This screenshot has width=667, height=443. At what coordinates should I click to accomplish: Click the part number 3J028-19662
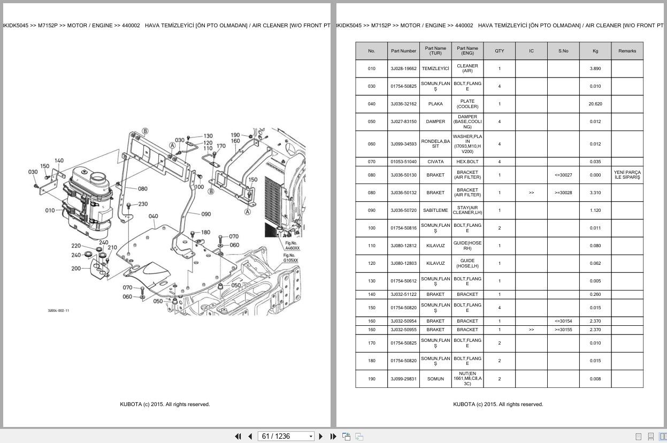click(x=403, y=68)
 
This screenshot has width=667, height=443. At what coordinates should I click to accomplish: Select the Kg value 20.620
click(x=595, y=104)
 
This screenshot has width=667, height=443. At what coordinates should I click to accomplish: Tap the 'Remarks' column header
click(x=627, y=51)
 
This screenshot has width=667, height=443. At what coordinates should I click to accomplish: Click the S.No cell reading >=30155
click(x=563, y=330)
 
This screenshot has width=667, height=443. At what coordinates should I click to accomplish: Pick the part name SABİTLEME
click(x=435, y=210)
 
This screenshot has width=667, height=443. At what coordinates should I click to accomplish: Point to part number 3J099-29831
click(x=403, y=379)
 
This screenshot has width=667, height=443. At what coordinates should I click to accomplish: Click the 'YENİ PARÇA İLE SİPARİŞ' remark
click(x=627, y=175)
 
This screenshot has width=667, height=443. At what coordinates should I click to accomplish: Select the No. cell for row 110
click(x=371, y=246)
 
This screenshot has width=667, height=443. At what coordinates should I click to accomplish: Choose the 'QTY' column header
click(x=499, y=51)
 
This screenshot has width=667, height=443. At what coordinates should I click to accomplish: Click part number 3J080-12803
click(x=403, y=263)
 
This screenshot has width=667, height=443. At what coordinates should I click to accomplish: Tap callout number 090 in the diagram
click(x=206, y=214)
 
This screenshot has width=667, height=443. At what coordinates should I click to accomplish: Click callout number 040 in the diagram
click(x=154, y=217)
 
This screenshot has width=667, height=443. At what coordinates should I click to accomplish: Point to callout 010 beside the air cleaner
click(x=50, y=210)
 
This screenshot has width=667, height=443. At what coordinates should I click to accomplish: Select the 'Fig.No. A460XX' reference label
click(x=293, y=246)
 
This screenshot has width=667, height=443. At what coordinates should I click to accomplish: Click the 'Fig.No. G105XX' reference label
click(x=290, y=258)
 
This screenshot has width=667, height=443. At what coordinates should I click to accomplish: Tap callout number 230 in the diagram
click(x=143, y=204)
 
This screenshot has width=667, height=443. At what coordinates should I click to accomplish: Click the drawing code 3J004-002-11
click(x=58, y=310)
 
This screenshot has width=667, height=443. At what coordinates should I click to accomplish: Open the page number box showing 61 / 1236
click(x=285, y=437)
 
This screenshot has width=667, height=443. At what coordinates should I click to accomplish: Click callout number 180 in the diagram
click(x=205, y=232)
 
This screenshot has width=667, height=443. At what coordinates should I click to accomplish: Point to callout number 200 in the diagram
click(x=76, y=269)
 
